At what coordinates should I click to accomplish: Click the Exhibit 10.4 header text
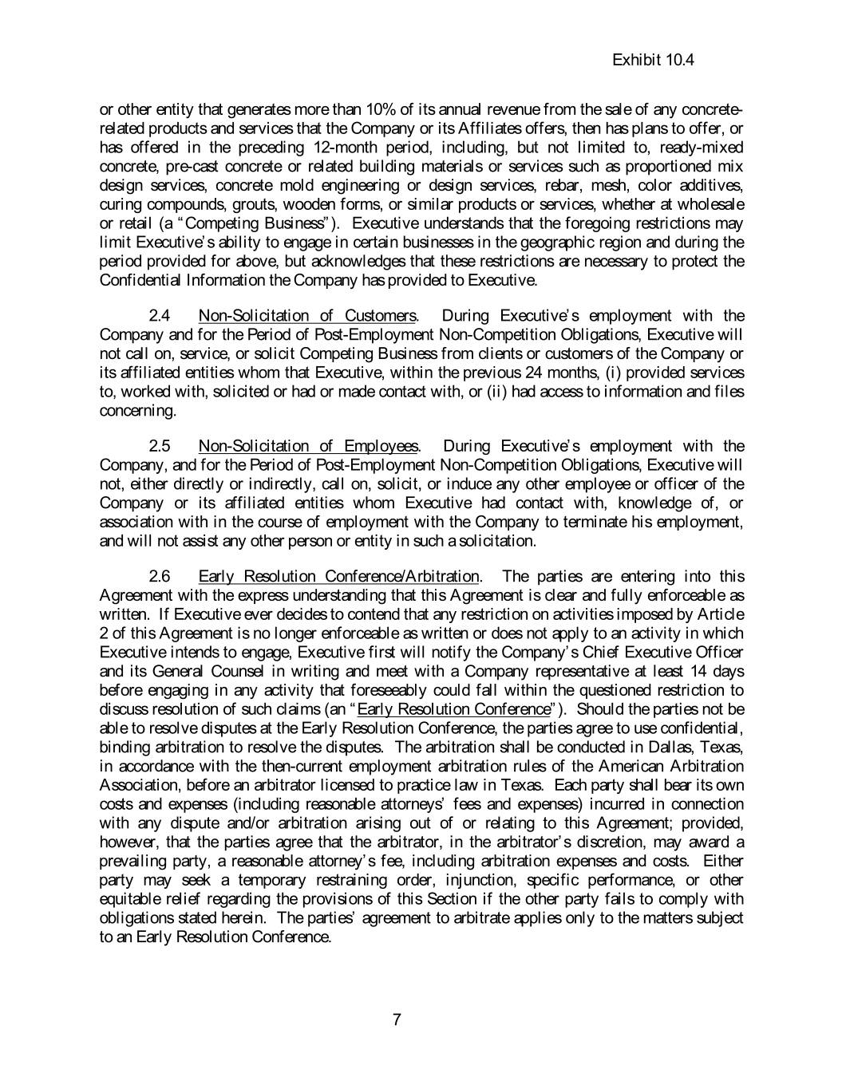[x=653, y=60]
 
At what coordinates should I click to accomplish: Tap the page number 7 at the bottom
[x=397, y=1019]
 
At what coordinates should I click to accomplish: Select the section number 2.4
[x=160, y=316]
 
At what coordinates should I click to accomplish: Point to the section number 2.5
[x=160, y=446]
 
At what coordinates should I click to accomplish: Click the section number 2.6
[x=160, y=576]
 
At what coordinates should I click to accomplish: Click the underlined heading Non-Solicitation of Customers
[x=307, y=316]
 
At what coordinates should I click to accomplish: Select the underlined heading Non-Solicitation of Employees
[x=307, y=446]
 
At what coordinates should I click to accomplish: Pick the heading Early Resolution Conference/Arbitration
[x=338, y=576]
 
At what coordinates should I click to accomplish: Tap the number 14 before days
[x=697, y=671]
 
